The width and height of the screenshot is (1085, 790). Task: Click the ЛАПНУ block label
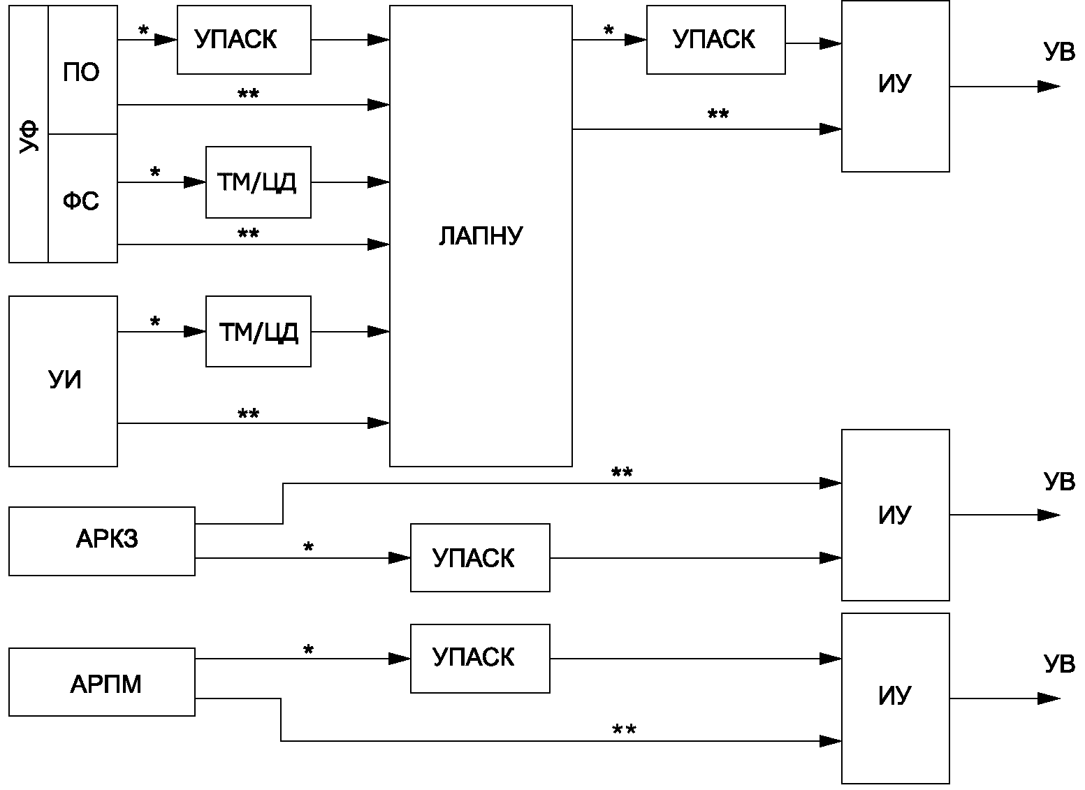point(481,236)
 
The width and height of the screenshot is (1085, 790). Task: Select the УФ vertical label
point(29,137)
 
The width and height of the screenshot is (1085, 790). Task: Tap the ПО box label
point(81,72)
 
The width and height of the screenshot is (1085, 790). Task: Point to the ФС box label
point(81,200)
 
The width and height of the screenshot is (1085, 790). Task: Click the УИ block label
point(65,380)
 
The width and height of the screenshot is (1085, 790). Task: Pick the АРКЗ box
point(102,541)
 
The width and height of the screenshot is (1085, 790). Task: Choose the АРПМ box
point(102,682)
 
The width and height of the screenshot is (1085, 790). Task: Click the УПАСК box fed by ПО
point(244,40)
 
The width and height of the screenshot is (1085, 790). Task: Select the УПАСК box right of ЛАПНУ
point(715,40)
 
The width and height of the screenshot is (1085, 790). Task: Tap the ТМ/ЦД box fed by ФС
point(258,182)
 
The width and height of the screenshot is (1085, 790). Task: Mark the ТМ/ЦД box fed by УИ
point(258,331)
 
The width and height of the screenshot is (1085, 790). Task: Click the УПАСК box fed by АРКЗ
point(480,557)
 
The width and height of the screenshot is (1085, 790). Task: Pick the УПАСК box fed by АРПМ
point(480,658)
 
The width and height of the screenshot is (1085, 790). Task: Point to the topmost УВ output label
point(1059,52)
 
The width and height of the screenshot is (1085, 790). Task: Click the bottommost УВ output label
point(1059,664)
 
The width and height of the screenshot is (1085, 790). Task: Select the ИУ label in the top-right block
point(895,83)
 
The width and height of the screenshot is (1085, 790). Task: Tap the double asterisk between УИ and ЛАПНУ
point(248,414)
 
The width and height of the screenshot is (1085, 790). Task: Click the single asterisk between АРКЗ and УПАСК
point(308,548)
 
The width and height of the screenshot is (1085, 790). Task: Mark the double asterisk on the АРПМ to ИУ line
point(624,729)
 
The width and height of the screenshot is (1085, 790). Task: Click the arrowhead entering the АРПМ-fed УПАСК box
point(400,658)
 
